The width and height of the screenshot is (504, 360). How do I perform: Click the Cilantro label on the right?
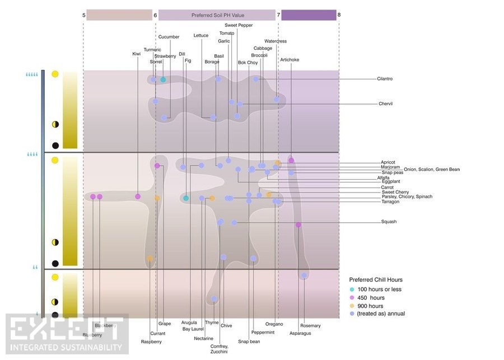(x=385, y=79)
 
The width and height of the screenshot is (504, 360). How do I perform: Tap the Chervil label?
(x=386, y=104)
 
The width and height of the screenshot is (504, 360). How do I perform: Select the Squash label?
(x=389, y=222)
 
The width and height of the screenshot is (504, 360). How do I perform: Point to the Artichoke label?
(x=290, y=59)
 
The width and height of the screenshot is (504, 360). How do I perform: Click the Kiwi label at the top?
(x=136, y=54)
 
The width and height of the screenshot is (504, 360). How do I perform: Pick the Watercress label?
(x=276, y=41)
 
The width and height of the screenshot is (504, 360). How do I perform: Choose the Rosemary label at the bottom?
(x=310, y=326)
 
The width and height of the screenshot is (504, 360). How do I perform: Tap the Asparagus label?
(x=300, y=333)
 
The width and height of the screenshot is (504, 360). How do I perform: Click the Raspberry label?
(x=151, y=341)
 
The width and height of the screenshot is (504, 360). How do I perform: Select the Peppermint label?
(x=263, y=333)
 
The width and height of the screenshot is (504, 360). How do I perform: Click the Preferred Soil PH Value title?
(x=217, y=15)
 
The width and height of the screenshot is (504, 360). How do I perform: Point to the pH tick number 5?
(x=84, y=15)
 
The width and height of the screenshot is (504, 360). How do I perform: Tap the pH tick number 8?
(x=339, y=15)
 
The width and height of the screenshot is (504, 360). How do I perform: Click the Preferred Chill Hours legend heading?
(x=376, y=279)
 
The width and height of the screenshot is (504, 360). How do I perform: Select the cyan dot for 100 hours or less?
(x=352, y=289)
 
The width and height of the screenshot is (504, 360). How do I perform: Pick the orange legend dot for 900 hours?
(x=352, y=306)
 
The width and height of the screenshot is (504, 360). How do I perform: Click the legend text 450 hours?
(x=371, y=298)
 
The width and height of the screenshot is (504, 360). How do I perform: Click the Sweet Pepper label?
(x=238, y=25)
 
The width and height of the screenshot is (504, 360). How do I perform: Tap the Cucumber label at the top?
(x=169, y=37)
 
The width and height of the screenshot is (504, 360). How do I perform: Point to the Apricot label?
(x=388, y=162)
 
